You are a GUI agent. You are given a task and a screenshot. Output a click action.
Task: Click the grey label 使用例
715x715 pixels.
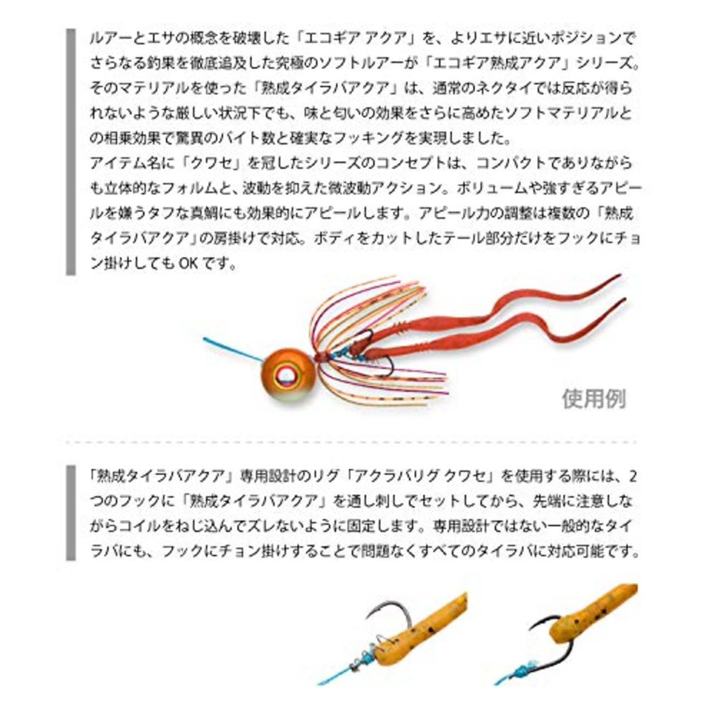click(x=594, y=399)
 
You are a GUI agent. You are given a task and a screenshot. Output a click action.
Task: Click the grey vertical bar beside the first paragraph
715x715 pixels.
click(x=70, y=151)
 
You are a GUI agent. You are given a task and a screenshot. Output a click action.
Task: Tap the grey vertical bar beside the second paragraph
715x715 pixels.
click(x=70, y=513)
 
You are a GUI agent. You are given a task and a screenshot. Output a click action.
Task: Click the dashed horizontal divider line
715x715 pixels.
click(x=351, y=442)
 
